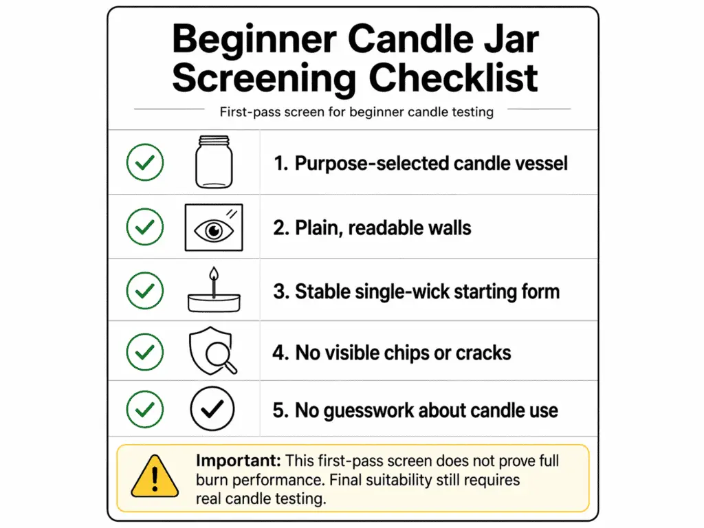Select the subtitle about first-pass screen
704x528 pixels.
pos(357,112)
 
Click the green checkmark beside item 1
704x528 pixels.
pos(145,162)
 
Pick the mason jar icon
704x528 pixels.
pos(214,162)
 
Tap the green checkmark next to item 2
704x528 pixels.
pos(145,227)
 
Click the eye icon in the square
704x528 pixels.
pos(214,228)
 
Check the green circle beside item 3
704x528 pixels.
pos(145,291)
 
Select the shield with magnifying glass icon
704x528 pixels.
pos(212,351)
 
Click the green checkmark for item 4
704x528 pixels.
pos(145,352)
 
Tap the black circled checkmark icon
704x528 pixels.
pos(212,408)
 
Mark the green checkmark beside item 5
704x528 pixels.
pos(145,409)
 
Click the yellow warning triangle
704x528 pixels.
pos(155,476)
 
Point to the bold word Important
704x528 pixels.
pos(239,461)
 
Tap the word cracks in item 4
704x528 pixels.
pos(483,353)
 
